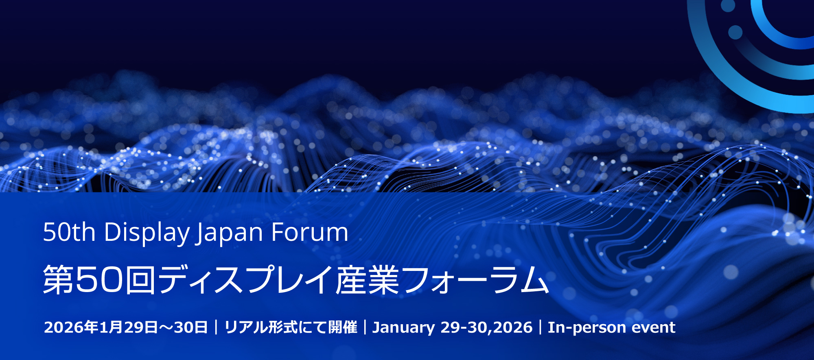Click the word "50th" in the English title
click(69, 233)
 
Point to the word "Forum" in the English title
click(309, 233)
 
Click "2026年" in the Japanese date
click(71, 327)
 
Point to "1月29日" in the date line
click(129, 327)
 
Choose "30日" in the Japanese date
click(191, 327)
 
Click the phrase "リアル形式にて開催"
click(291, 327)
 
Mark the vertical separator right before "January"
click(365, 327)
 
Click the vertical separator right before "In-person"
click(540, 327)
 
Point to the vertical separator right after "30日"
click(216, 327)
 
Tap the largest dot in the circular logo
click(735, 33)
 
